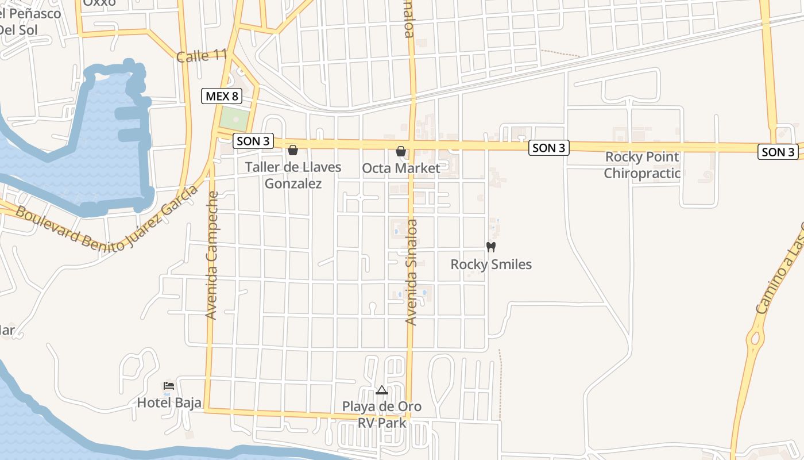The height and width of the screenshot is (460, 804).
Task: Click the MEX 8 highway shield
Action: tap(222, 96)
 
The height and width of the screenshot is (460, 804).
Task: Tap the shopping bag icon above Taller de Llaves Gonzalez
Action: tap(293, 150)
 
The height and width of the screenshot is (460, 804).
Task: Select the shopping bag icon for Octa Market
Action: tap(401, 151)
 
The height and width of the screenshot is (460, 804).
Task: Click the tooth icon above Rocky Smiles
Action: tap(490, 247)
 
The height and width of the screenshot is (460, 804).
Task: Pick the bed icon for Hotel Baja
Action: tap(168, 385)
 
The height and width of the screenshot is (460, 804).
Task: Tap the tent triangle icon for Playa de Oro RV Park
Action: tap(382, 390)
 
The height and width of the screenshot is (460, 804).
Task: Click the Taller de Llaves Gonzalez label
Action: tap(293, 175)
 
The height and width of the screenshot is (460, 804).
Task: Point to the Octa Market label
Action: tap(401, 168)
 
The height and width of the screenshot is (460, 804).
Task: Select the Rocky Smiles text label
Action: tap(491, 264)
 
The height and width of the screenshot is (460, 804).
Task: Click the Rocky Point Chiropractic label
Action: tap(642, 165)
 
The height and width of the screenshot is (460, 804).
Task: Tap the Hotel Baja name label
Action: tap(169, 402)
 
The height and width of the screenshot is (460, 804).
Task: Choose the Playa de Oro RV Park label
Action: tap(382, 415)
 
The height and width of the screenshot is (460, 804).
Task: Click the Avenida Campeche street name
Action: tap(212, 255)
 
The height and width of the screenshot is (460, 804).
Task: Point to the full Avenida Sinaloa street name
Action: tap(411, 272)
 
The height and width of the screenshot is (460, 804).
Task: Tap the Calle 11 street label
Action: tap(202, 56)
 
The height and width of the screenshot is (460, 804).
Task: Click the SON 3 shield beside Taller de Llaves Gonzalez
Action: tap(253, 141)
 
